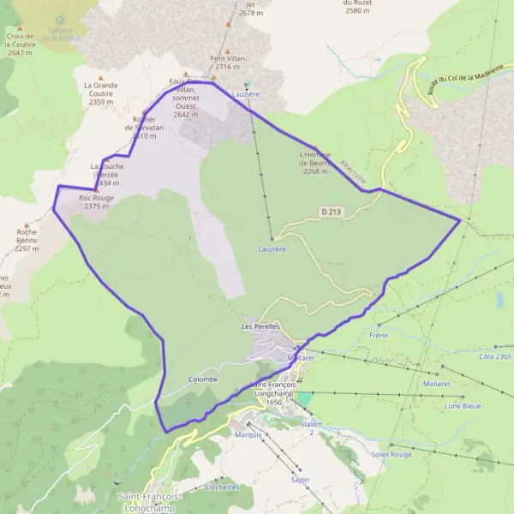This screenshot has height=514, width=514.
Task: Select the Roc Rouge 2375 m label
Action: click(96, 201)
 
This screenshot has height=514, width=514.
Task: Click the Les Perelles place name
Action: click(261, 327)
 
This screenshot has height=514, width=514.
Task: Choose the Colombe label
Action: click(203, 379)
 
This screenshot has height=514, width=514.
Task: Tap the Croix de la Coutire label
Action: click(19, 44)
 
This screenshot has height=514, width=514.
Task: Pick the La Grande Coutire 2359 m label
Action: click(101, 93)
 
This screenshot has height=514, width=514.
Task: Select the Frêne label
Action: click(379, 335)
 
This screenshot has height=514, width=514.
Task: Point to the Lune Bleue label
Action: click(463, 406)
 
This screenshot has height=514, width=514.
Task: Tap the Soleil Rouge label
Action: click(391, 454)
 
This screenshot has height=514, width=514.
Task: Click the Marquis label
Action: click(248, 435)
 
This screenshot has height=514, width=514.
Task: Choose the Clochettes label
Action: click(222, 487)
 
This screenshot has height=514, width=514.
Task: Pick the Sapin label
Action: click(300, 480)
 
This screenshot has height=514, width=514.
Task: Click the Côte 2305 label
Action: click(495, 356)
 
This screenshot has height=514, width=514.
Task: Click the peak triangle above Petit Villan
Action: click(228, 51)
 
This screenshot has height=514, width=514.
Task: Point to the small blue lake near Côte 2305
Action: click(499, 299)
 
